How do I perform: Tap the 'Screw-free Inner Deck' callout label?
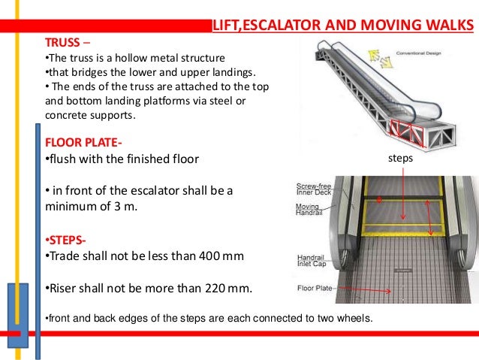pyautogui.click(x=313, y=189)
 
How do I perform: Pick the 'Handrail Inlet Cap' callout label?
pyautogui.click(x=311, y=260)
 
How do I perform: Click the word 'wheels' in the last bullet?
pyautogui.click(x=353, y=319)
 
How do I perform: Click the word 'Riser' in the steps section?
pyautogui.click(x=61, y=288)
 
